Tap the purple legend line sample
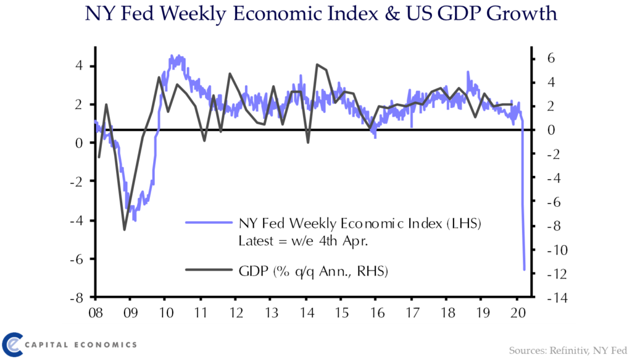207,224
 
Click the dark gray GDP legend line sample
207,270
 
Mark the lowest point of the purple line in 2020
525,269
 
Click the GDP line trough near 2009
124,230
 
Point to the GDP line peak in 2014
317,64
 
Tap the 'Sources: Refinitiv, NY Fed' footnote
568,350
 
